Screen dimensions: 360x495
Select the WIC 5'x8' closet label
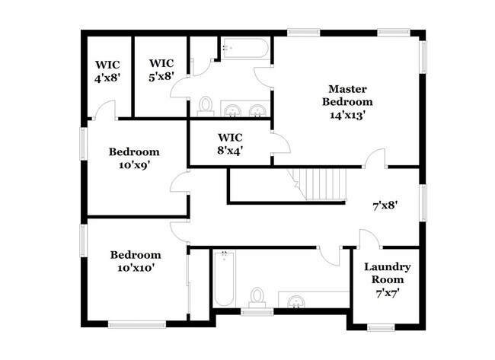pyautogui.click(x=161, y=69)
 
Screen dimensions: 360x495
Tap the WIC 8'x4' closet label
pyautogui.click(x=230, y=144)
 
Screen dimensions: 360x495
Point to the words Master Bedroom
pyautogui.click(x=348, y=94)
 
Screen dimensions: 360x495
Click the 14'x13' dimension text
pyautogui.click(x=348, y=115)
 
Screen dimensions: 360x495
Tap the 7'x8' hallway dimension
pyautogui.click(x=385, y=205)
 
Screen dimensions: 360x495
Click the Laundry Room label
pyautogui.click(x=387, y=273)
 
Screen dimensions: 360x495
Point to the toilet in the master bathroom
pyautogui.click(x=205, y=107)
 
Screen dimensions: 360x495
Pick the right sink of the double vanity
pyautogui.click(x=258, y=111)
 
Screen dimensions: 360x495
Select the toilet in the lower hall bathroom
pyautogui.click(x=257, y=296)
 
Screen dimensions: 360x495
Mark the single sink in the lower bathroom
pyautogui.click(x=295, y=301)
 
